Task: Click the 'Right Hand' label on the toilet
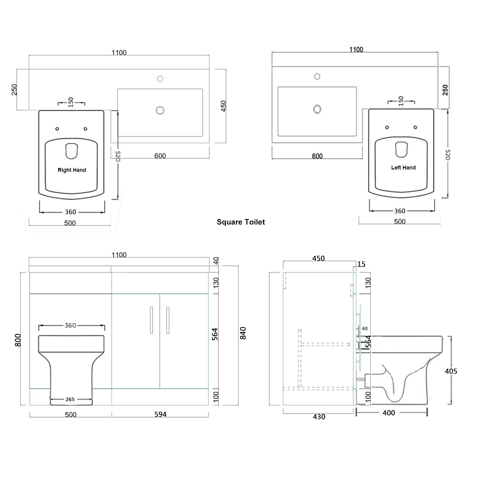pos(72,170)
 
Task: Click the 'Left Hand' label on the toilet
pos(403,168)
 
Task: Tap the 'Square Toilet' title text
pos(241,222)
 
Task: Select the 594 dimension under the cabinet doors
pos(160,414)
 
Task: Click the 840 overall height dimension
pos(243,333)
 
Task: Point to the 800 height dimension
pos(18,340)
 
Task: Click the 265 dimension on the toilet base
pos(70,399)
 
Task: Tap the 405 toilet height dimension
pos(451,371)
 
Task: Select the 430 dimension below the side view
pos(319,417)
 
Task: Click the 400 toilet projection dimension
pos(389,413)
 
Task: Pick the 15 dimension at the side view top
pos(361,264)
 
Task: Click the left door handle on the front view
pos(151,320)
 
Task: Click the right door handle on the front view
pos(168,320)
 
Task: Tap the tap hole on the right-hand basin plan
pos(160,79)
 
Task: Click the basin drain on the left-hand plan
pos(317,109)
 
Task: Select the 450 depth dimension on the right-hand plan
pos(224,106)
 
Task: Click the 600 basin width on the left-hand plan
pos(317,156)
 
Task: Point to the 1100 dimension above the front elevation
pos(119,255)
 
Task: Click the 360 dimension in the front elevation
pos(70,325)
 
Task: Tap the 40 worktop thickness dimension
pos(216,261)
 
